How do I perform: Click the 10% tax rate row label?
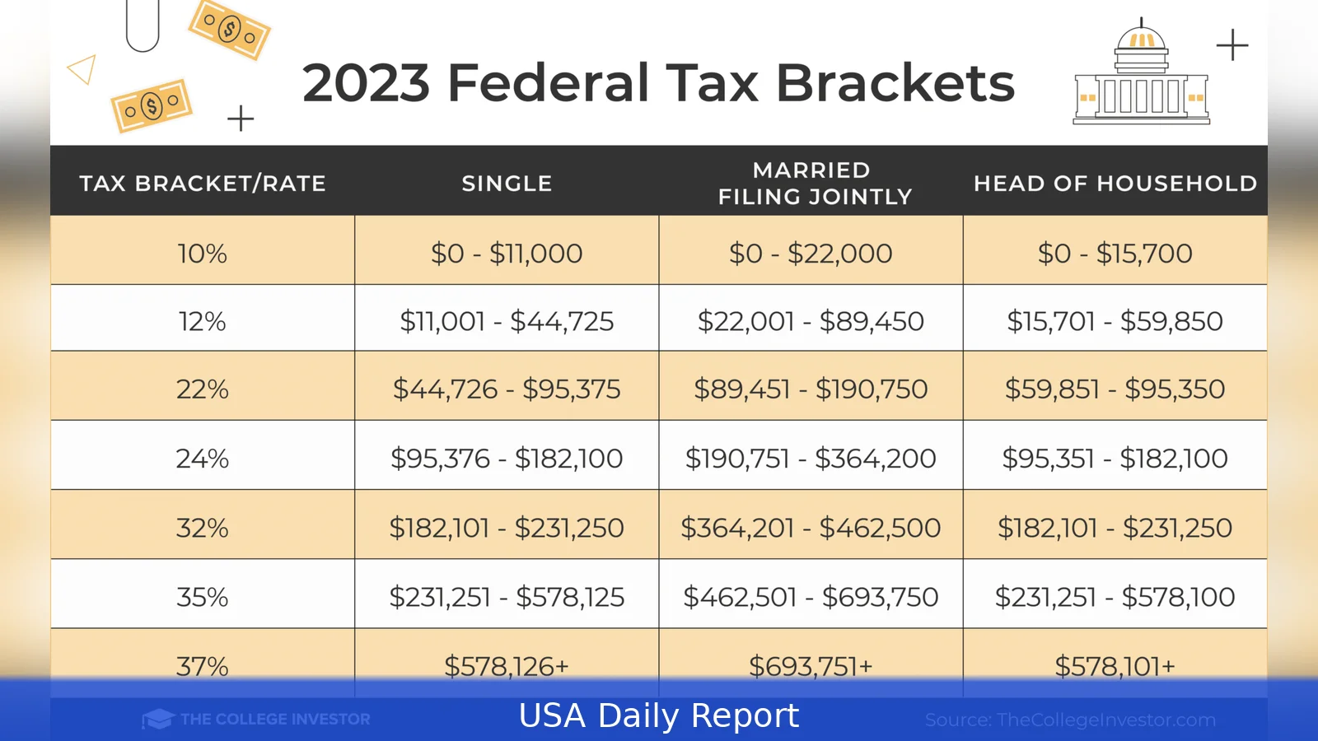tap(202, 253)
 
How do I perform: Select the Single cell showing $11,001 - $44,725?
tap(507, 321)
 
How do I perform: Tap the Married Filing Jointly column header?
tap(814, 183)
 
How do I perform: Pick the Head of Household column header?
tap(1115, 183)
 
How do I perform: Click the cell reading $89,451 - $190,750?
tap(811, 389)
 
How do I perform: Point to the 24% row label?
tap(202, 458)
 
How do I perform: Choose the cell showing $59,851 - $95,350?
tap(1115, 389)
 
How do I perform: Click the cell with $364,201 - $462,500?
tap(811, 528)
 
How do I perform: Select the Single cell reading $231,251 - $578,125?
tap(507, 597)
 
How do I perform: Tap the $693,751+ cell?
tap(811, 665)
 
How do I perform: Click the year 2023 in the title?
tap(367, 83)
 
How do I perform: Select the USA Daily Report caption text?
tap(659, 715)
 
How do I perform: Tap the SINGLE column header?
tap(507, 183)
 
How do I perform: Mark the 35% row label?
tap(202, 597)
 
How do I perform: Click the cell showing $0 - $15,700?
tap(1115, 253)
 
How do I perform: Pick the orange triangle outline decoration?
tap(82, 70)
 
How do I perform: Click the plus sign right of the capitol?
tap(1232, 44)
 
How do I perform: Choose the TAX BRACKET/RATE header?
tap(203, 183)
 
